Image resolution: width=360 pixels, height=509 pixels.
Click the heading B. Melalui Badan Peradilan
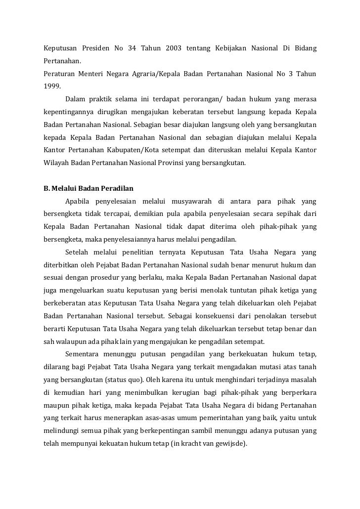click(x=89, y=188)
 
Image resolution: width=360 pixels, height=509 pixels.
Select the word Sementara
click(x=83, y=354)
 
